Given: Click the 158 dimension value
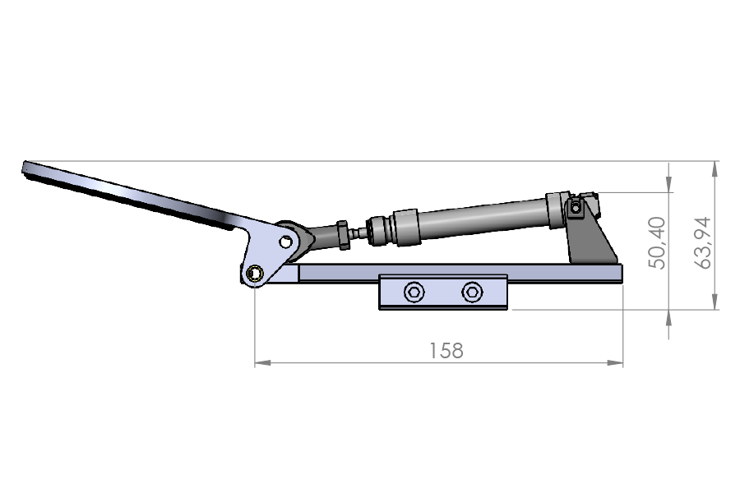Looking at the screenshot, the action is click(446, 351).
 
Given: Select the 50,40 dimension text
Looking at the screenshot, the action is click(657, 243).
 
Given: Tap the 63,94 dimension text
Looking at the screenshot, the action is click(703, 243).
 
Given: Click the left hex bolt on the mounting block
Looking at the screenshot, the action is click(414, 292).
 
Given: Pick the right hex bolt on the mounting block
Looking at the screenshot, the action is click(472, 292).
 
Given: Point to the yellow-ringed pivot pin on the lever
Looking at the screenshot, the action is click(256, 273).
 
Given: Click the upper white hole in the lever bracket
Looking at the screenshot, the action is click(285, 242).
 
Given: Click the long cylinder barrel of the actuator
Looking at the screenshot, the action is click(481, 219).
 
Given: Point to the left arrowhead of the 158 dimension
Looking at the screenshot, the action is click(263, 363).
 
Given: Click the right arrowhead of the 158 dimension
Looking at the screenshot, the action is click(615, 363).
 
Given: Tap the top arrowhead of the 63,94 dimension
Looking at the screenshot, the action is click(715, 169).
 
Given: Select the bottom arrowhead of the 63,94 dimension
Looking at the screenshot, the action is click(715, 302).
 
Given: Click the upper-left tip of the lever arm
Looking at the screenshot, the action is click(24, 163).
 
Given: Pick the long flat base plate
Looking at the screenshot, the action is click(460, 273).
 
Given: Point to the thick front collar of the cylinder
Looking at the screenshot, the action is click(406, 227).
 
